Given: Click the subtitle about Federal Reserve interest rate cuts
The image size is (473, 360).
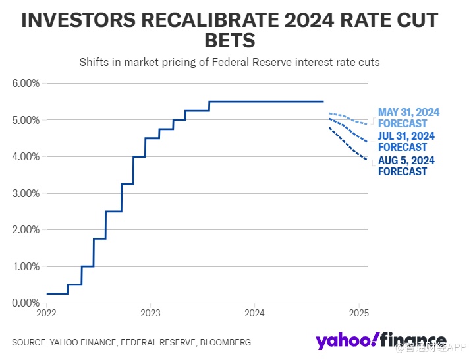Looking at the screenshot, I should pyautogui.click(x=230, y=63).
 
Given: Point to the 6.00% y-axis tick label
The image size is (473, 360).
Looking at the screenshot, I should pyautogui.click(x=26, y=84).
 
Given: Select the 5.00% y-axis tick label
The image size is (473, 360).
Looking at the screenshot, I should pyautogui.click(x=26, y=120).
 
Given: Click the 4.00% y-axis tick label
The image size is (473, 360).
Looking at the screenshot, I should pyautogui.click(x=26, y=157).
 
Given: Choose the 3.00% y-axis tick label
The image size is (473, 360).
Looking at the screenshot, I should pyautogui.click(x=26, y=193).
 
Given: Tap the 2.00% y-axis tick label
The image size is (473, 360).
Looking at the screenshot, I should pyautogui.click(x=26, y=230).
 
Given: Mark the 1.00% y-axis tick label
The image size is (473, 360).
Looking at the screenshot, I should pyautogui.click(x=26, y=266).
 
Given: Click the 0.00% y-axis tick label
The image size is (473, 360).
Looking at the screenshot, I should pyautogui.click(x=26, y=303).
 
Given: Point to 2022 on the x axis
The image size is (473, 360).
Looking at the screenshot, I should pyautogui.click(x=46, y=312).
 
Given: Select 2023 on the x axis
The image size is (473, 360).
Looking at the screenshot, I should pyautogui.click(x=150, y=312).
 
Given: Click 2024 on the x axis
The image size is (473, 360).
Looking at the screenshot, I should pyautogui.click(x=254, y=312).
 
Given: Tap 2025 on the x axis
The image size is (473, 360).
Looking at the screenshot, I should pyautogui.click(x=358, y=312).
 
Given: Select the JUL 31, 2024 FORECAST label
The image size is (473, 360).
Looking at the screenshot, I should pyautogui.click(x=406, y=142).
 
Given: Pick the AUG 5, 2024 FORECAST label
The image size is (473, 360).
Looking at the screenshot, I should pyautogui.click(x=406, y=166).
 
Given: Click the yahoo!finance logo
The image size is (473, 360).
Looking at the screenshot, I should pyautogui.click(x=380, y=341).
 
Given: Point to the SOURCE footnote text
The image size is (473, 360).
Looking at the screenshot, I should pyautogui.click(x=131, y=343).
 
